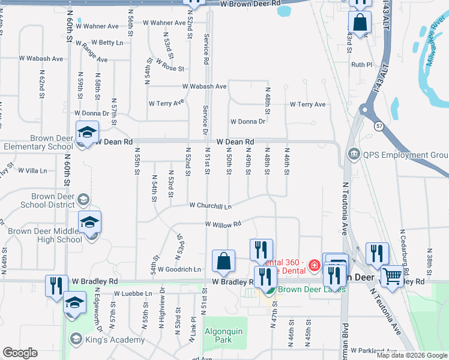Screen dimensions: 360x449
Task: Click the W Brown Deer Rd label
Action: pyautogui.click(x=250, y=4)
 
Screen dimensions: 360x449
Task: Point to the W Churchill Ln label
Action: pyautogui.click(x=210, y=205)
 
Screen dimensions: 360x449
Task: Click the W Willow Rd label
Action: pyautogui.click(x=222, y=224)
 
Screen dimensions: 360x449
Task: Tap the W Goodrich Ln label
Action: pyautogui.click(x=179, y=269)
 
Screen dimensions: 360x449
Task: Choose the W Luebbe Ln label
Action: pyautogui.click(x=133, y=293)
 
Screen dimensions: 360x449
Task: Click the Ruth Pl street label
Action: pyautogui.click(x=362, y=65)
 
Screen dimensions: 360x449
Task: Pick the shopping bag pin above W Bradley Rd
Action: pyautogui.click(x=223, y=261)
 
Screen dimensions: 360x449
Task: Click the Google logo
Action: pyautogui.click(x=20, y=353)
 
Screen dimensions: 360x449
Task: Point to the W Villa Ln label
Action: pyautogui.click(x=32, y=170)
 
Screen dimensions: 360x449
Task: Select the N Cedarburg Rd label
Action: pyautogui.click(x=402, y=243)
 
